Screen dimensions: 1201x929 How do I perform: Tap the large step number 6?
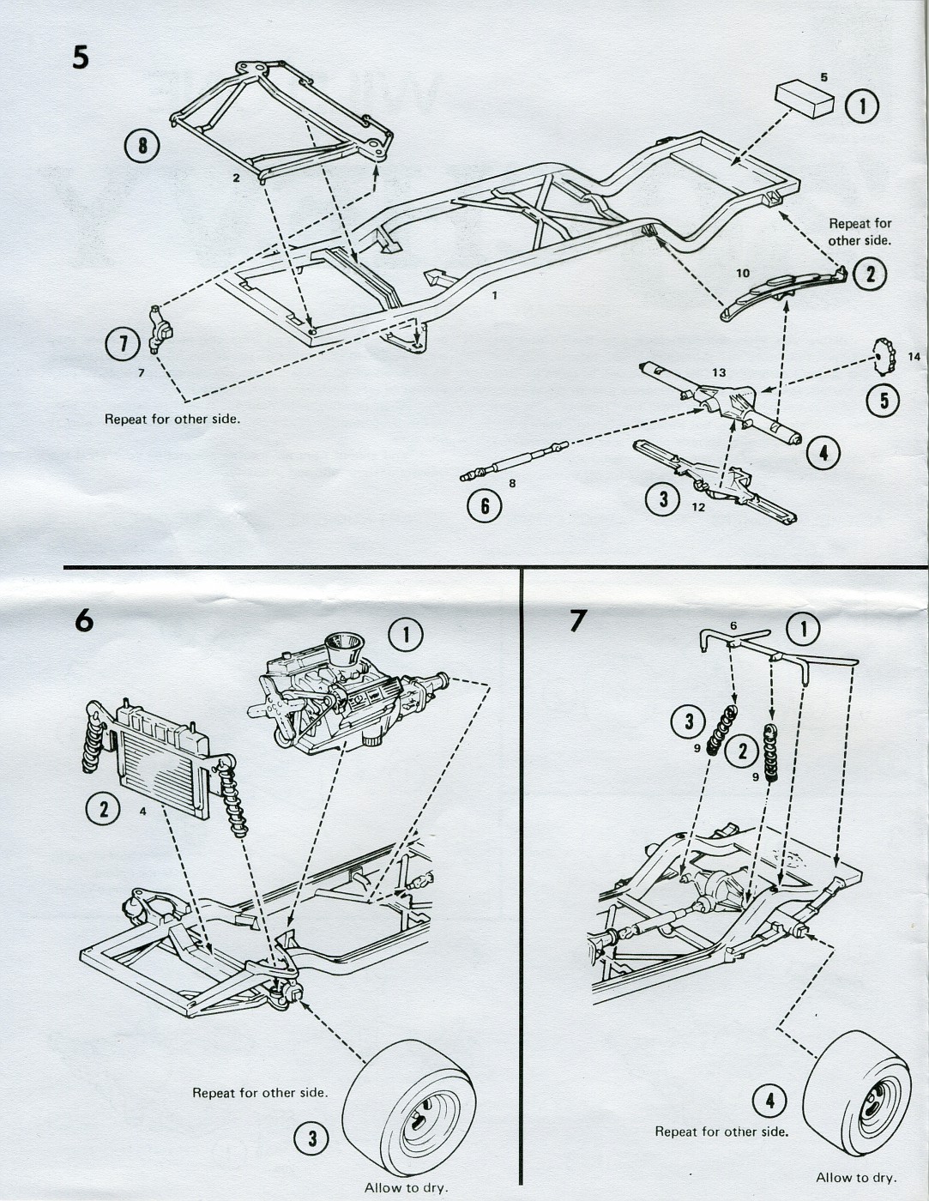[83, 619]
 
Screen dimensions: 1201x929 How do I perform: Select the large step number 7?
[579, 619]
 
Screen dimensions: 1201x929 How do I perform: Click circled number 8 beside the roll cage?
[142, 145]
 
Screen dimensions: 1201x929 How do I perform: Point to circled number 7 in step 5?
[122, 344]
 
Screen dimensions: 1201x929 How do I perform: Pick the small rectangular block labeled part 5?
[805, 100]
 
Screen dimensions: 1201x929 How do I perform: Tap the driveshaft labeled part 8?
[514, 459]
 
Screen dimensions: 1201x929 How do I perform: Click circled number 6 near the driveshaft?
[485, 506]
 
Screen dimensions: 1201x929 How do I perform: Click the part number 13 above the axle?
[718, 371]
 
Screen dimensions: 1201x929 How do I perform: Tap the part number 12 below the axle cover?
[697, 507]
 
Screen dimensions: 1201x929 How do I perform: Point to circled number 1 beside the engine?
[405, 635]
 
